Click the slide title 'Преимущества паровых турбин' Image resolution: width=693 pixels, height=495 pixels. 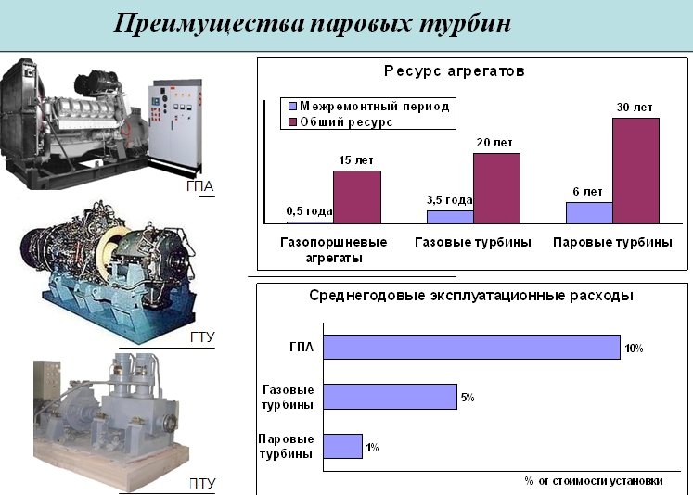[312, 23]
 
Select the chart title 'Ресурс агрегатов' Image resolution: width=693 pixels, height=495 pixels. [455, 70]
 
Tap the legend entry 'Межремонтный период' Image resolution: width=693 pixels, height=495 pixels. [369, 106]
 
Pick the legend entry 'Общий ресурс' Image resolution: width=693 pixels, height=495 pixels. [340, 121]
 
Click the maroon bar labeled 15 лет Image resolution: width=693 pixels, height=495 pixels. [357, 197]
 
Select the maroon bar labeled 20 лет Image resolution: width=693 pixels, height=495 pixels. [496, 188]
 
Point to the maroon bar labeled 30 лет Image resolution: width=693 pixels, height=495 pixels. [636, 171]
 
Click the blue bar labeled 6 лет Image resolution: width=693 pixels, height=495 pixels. [590, 213]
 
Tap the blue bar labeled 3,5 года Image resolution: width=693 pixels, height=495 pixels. [450, 217]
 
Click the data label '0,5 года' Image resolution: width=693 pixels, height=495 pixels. [309, 211]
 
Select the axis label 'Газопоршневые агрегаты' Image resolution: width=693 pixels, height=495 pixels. [334, 250]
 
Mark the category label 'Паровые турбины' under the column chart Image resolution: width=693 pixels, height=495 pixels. [612, 243]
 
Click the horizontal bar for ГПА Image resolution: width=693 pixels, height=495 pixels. [471, 347]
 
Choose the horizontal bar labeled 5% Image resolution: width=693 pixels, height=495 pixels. [391, 397]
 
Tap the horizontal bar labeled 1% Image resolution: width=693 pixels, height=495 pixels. [343, 446]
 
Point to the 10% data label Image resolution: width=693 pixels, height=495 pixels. [634, 349]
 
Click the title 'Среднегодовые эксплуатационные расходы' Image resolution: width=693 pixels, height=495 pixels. [471, 296]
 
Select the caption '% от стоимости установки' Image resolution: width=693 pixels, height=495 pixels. [594, 481]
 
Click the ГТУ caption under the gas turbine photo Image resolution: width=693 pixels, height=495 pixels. [202, 336]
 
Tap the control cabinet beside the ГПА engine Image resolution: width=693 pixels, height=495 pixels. [176, 124]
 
